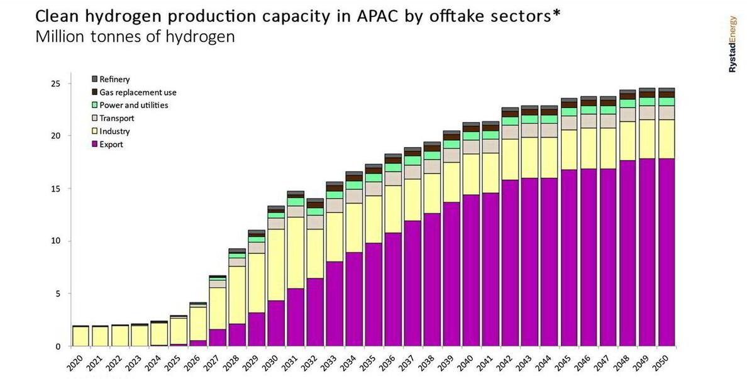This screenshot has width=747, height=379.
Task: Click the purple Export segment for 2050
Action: [666, 251]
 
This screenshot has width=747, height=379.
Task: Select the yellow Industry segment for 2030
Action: [277, 265]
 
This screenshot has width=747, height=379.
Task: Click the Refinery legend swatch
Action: [94, 79]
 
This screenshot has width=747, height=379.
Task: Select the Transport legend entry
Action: [116, 118]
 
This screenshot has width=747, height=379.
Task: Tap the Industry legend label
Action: [114, 131]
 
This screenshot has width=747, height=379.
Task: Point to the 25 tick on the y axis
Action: [55, 84]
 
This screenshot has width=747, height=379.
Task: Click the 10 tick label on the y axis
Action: [55, 241]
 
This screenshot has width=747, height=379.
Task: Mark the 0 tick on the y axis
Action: [58, 346]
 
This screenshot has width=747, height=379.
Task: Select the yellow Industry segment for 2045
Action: [569, 150]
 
